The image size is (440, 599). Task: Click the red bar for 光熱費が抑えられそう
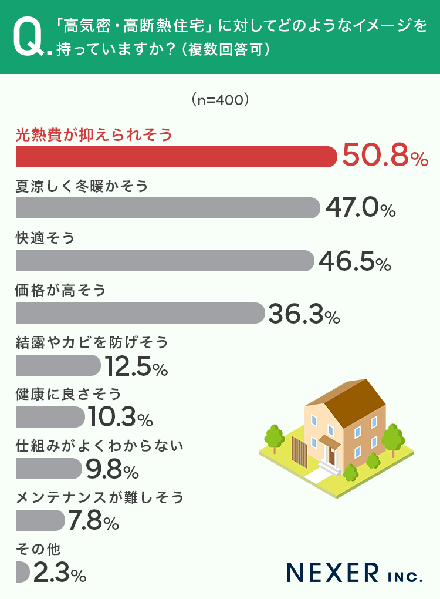pyautogui.click(x=176, y=157)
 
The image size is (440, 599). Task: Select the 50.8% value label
pyautogui.click(x=385, y=156)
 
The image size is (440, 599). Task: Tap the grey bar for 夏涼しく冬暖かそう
pyautogui.click(x=167, y=208)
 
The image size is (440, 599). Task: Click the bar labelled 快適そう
pyautogui.click(x=164, y=261)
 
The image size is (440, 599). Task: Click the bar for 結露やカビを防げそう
pyautogui.click(x=58, y=365)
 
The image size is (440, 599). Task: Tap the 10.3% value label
pyautogui.click(x=120, y=417)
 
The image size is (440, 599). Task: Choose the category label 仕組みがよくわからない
pyautogui.click(x=100, y=446)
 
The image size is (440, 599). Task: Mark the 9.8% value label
pyautogui.click(x=111, y=469)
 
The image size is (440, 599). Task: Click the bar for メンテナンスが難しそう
pyautogui.click(x=40, y=520)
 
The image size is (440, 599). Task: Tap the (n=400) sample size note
pyautogui.click(x=221, y=100)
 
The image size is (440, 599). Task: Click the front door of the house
pyautogui.click(x=332, y=455)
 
